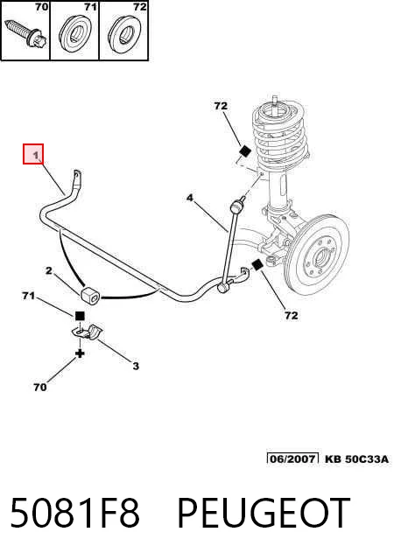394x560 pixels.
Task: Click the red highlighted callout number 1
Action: [x=33, y=154]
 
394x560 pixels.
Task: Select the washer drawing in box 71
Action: [x=74, y=34]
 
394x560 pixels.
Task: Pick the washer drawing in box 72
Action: [x=124, y=34]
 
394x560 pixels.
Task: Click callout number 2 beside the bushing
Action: [x=49, y=270]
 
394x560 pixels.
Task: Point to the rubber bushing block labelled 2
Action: [x=89, y=296]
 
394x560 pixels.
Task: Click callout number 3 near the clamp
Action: [x=136, y=366]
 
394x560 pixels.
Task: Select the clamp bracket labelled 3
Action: [x=87, y=332]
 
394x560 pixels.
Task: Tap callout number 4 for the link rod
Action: [x=190, y=198]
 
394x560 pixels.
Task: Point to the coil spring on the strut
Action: [x=279, y=133]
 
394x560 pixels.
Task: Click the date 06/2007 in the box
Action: [x=292, y=458]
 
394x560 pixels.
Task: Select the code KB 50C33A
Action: [x=356, y=458]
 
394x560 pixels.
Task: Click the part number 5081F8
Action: [x=74, y=513]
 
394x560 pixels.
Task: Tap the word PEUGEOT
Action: [x=264, y=513]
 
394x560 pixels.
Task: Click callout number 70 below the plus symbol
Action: [x=40, y=387]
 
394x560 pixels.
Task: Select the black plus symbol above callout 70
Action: [x=80, y=353]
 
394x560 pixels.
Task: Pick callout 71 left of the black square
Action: [x=29, y=296]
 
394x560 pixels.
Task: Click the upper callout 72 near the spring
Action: [x=221, y=106]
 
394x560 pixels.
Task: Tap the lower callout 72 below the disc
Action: [x=292, y=315]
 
